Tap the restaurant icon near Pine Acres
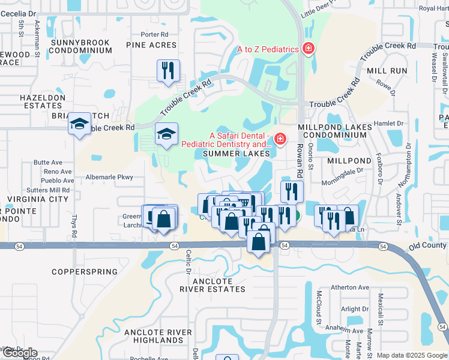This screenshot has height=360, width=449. pyautogui.click(x=168, y=70)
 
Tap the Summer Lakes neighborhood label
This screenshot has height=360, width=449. pyautogui.click(x=234, y=154)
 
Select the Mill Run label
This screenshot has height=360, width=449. pyautogui.click(x=387, y=71)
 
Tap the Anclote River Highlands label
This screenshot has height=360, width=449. pyautogui.click(x=158, y=336)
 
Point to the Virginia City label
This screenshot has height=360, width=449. pyautogui.click(x=37, y=199)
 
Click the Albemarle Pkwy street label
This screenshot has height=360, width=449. pyautogui.click(x=109, y=177)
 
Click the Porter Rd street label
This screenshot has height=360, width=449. pyautogui.click(x=155, y=34)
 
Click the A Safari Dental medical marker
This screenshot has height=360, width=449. pyautogui.click(x=279, y=140)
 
